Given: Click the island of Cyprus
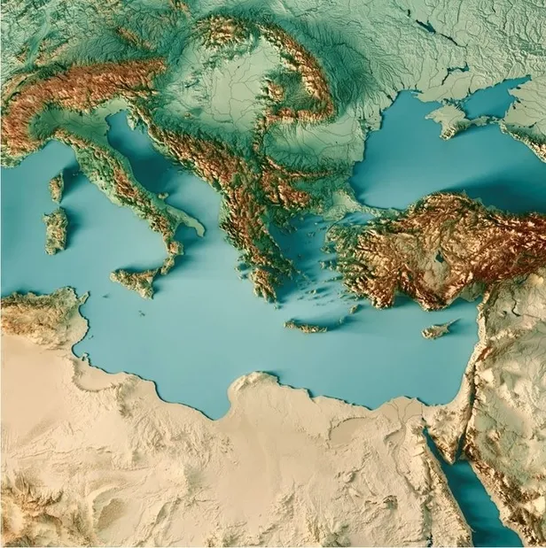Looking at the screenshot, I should pyautogui.click(x=438, y=330).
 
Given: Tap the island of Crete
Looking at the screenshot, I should pyautogui.click(x=306, y=327).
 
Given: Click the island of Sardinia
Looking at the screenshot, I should pyautogui.click(x=55, y=229).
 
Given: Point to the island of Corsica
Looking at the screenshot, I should pyautogui.click(x=57, y=187).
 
